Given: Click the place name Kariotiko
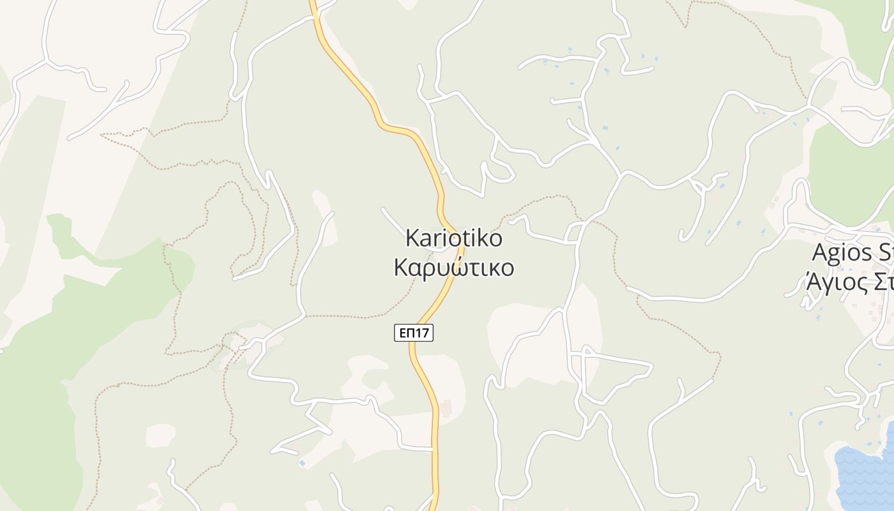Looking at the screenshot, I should [454, 239].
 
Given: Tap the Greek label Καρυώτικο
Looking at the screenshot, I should [454, 268].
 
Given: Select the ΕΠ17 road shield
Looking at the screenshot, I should [414, 333].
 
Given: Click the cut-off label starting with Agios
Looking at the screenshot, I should [852, 252].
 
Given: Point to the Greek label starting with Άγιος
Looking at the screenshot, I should [849, 281].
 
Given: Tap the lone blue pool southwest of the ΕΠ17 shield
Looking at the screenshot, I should [302, 463].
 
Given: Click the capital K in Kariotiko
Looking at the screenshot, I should [413, 239].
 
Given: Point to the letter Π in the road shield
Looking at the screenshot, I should [411, 333].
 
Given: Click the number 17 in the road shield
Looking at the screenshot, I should [423, 333].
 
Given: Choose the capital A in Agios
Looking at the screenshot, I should [821, 252].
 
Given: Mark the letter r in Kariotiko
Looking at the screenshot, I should [437, 239].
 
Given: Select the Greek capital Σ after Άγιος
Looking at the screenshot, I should [879, 281].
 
